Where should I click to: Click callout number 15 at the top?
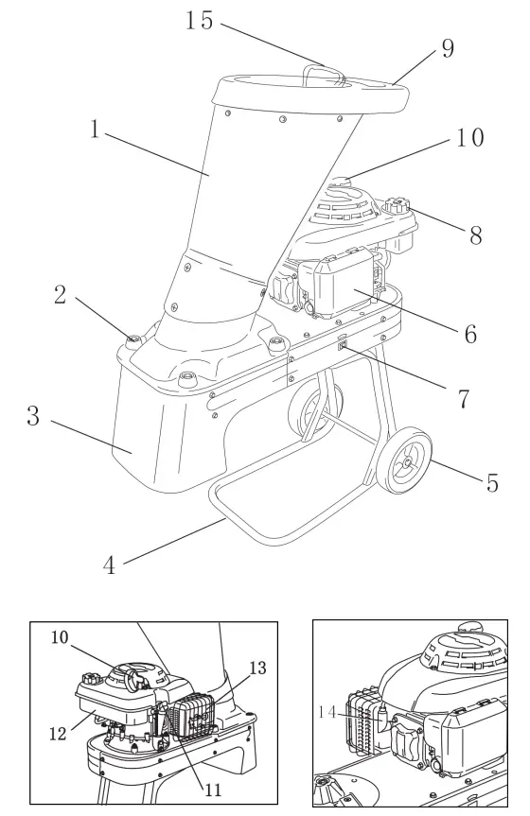(x=200, y=20)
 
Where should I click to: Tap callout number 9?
(x=448, y=48)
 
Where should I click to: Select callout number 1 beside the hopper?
(x=95, y=129)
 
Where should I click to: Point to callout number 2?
(x=61, y=295)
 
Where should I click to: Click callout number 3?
(x=33, y=416)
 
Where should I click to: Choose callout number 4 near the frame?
(x=109, y=565)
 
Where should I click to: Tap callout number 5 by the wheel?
(x=492, y=482)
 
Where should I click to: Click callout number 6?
(x=470, y=334)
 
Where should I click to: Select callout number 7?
(x=464, y=399)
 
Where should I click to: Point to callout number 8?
(x=475, y=234)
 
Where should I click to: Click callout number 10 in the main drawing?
(x=470, y=138)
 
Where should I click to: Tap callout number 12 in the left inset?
(x=58, y=734)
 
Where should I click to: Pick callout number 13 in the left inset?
(x=257, y=668)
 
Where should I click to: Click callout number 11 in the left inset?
(x=213, y=790)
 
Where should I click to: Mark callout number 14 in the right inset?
(x=327, y=711)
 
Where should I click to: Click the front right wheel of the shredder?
(x=404, y=460)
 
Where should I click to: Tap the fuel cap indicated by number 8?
(x=398, y=204)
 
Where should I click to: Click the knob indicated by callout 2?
(x=134, y=340)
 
